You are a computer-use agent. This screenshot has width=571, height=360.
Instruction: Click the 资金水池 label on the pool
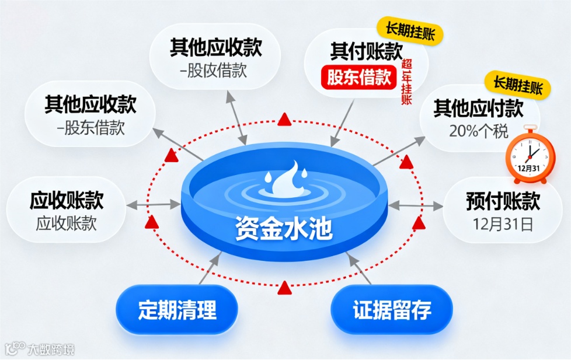(284, 229)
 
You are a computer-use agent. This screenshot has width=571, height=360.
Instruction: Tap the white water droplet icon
(284, 181)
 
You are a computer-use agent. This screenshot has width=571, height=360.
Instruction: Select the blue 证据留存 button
(392, 310)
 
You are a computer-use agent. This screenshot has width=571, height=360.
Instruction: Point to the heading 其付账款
(367, 52)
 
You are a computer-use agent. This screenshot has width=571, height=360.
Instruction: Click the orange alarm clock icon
(529, 155)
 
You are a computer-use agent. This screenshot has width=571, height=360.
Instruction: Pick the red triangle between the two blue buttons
(284, 287)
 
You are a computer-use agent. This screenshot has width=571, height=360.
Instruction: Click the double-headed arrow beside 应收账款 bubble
(152, 204)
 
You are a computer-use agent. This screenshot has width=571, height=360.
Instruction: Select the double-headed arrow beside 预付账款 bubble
(415, 205)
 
